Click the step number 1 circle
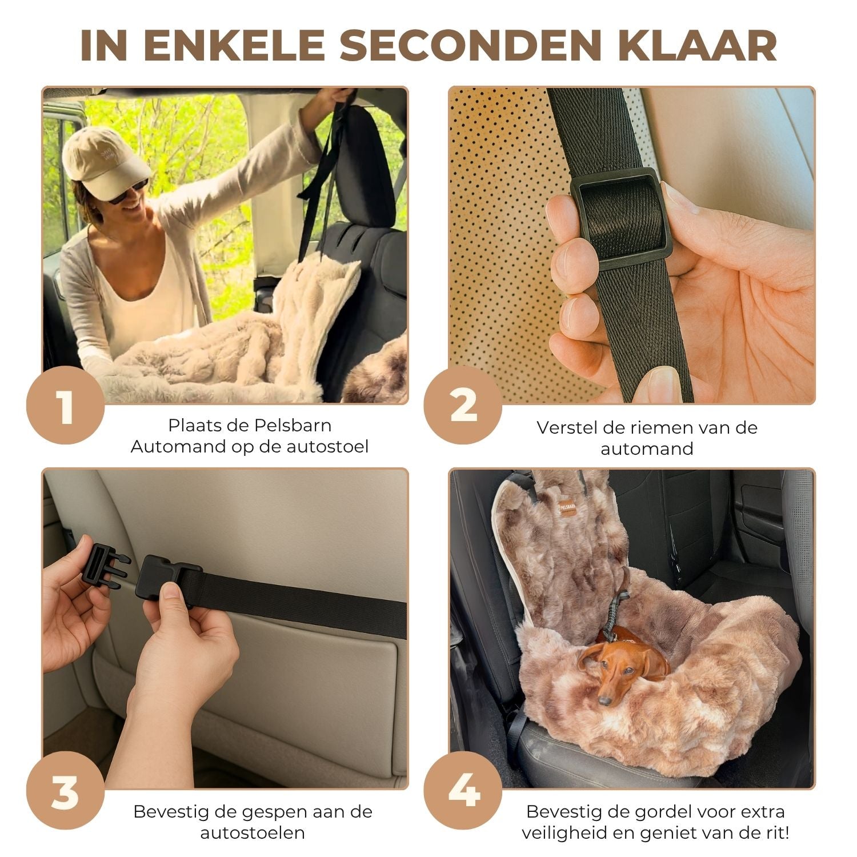(x=65, y=405)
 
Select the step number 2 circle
(x=463, y=405)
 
